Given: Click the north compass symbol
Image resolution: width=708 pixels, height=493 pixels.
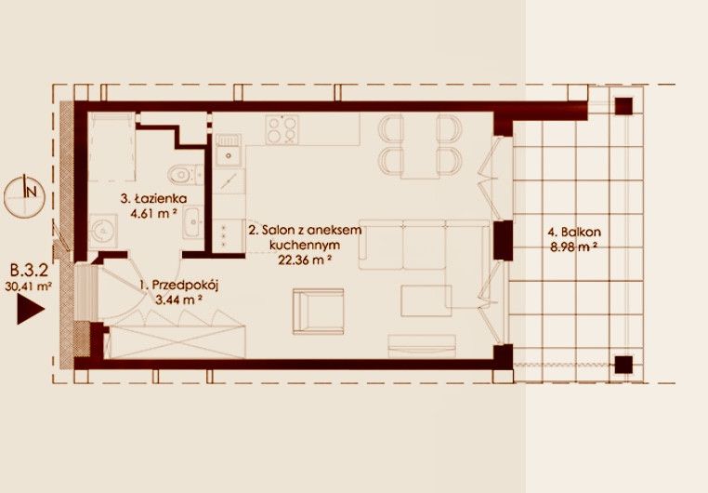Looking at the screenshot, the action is [x=24, y=195].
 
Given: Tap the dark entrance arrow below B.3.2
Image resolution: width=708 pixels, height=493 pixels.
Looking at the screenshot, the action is [x=31, y=309].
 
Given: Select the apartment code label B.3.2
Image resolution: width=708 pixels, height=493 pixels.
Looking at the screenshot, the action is [x=29, y=271].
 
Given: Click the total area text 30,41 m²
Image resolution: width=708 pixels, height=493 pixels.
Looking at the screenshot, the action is [x=29, y=286].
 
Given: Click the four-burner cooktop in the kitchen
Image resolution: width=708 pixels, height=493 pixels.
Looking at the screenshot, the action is [x=282, y=129].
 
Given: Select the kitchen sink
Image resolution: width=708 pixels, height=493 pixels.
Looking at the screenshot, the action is [x=229, y=150].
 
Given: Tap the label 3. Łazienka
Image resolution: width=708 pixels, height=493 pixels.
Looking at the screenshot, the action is [x=153, y=198].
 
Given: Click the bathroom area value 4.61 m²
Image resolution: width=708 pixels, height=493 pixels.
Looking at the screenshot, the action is [x=153, y=213].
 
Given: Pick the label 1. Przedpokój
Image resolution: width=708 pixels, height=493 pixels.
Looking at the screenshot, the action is [x=178, y=286].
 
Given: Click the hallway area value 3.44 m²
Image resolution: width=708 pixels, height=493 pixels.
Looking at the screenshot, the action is [x=178, y=300].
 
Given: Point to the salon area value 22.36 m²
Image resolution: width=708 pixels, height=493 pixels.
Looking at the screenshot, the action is [x=306, y=260].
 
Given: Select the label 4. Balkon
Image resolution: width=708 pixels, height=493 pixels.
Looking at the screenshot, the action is [x=574, y=233].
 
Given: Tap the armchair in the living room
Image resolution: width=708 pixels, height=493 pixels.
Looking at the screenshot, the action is [x=318, y=312].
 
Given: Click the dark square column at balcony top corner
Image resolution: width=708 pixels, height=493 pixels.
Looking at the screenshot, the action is [x=623, y=106].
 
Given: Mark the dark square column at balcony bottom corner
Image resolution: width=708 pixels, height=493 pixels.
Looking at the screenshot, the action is [x=623, y=365].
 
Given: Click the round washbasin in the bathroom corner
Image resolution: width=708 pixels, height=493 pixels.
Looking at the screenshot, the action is [x=103, y=231].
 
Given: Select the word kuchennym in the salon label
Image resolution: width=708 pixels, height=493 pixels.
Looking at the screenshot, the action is [x=305, y=245].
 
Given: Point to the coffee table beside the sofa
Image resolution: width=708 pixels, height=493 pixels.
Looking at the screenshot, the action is [x=426, y=300].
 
